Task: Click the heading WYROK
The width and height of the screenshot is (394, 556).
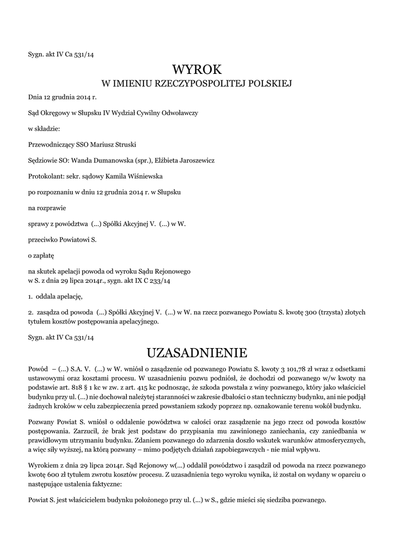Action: [x=197, y=69]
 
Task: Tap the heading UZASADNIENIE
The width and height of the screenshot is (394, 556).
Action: [x=197, y=352]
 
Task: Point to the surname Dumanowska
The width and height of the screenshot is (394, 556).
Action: [x=111, y=160]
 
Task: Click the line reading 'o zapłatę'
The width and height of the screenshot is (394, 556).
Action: [x=41, y=254]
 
